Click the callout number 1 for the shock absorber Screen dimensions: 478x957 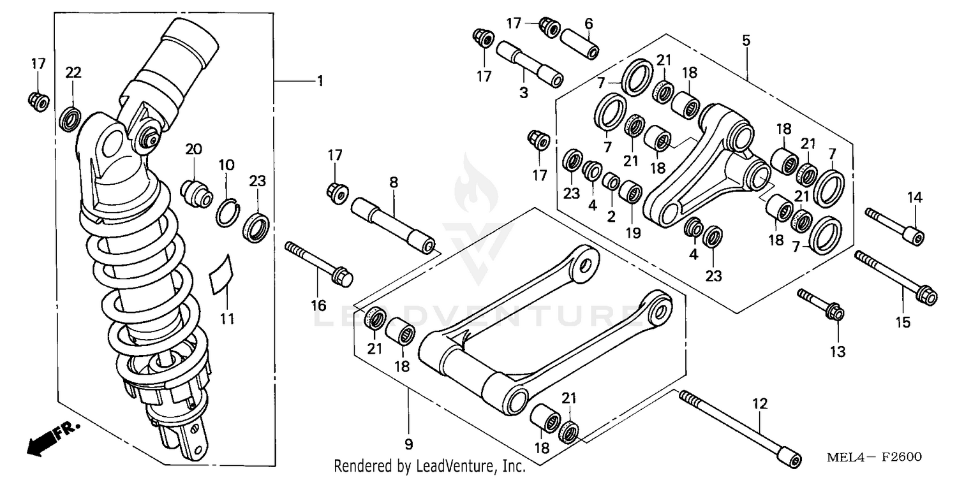coord(320,82)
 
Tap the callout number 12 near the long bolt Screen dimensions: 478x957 coord(760,403)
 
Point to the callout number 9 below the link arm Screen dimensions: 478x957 coord(409,444)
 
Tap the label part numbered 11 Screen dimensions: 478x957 coord(221,275)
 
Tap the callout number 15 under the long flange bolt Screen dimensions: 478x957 coord(902,322)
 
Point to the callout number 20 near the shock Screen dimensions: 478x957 coord(193,149)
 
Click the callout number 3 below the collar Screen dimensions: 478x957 coord(523,93)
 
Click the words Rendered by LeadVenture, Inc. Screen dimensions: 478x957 coord(430,467)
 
